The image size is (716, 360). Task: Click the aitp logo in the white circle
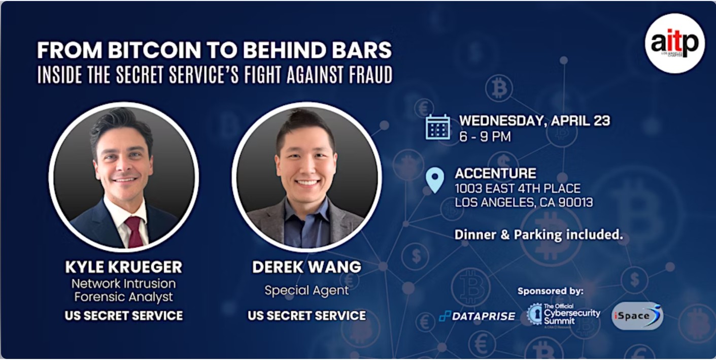click(x=674, y=44)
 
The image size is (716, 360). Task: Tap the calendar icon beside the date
click(x=438, y=127)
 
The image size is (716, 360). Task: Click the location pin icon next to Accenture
click(x=435, y=180)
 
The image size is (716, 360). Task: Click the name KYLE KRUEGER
click(x=124, y=267)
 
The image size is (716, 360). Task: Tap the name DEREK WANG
click(x=306, y=267)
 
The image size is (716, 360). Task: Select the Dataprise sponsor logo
click(x=477, y=316)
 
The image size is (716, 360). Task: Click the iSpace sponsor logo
click(x=637, y=315)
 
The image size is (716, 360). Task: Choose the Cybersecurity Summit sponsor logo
click(x=564, y=315)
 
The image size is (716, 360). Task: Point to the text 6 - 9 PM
click(x=485, y=137)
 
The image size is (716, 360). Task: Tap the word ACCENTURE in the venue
click(x=495, y=174)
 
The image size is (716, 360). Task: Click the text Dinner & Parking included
click(x=538, y=235)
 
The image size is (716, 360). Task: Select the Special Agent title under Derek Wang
click(x=306, y=290)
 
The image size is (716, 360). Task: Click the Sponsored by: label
click(x=551, y=291)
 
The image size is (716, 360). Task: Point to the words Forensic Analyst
click(x=124, y=297)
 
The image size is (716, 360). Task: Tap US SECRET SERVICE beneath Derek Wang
click(x=307, y=316)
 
